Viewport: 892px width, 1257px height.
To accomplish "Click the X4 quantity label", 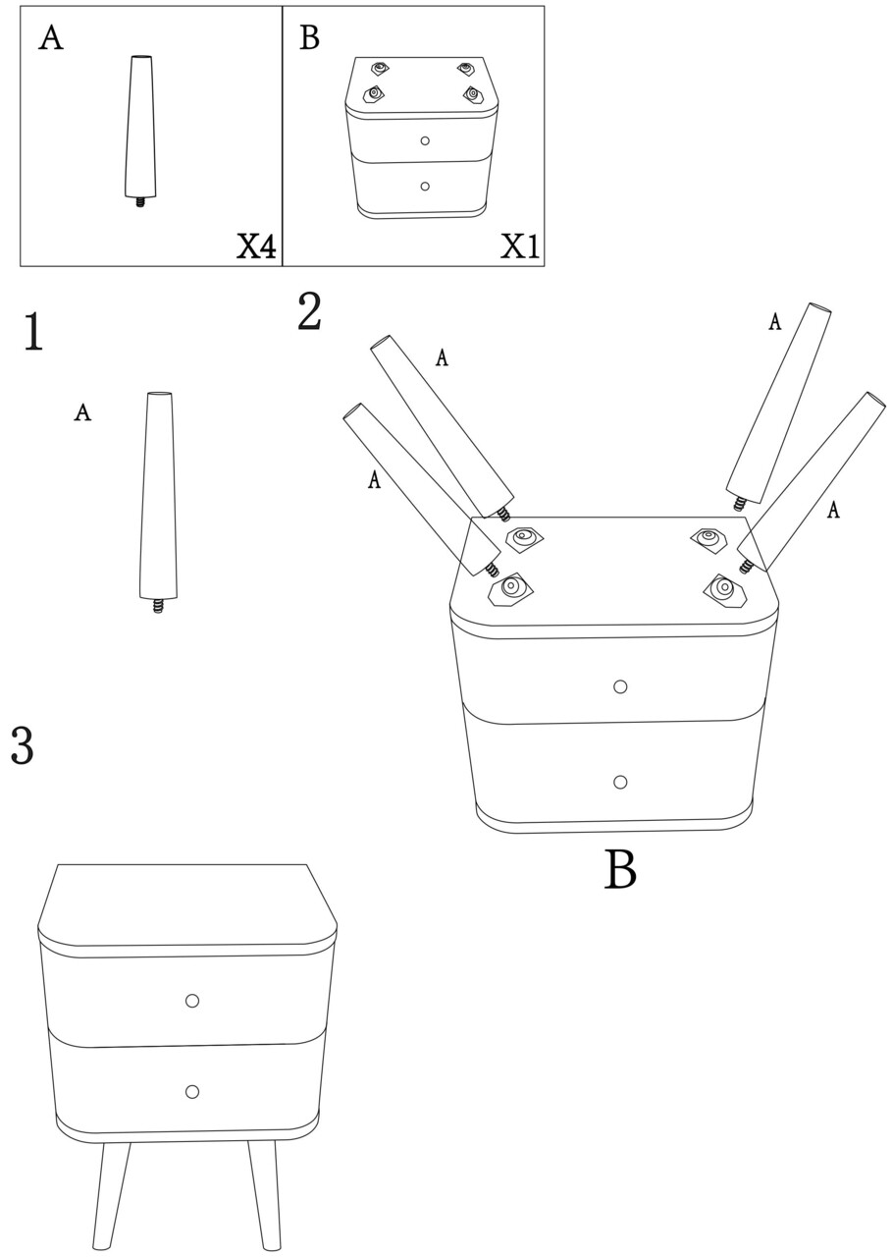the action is click(256, 246).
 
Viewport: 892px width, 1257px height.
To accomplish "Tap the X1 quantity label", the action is click(520, 246).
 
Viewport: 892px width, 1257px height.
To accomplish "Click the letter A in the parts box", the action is click(50, 38).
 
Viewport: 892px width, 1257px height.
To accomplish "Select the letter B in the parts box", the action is click(309, 37).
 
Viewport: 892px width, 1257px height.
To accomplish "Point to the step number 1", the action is click(34, 332).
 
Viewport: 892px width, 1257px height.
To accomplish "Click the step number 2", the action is click(310, 311).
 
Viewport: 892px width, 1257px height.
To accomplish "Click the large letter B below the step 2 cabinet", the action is click(620, 869).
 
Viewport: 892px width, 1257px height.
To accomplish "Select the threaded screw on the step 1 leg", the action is click(159, 606).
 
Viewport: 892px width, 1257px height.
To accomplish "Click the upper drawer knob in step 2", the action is click(620, 686).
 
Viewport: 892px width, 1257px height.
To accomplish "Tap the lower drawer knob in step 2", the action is click(620, 782).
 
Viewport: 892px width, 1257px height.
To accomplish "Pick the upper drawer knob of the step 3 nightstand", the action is click(192, 1000).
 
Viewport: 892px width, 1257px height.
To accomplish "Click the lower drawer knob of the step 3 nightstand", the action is click(192, 1091).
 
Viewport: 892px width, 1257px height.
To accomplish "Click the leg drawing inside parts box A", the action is click(140, 132).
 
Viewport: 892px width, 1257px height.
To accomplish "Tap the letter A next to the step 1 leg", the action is click(82, 411).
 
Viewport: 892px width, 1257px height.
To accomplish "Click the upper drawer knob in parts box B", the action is click(425, 140).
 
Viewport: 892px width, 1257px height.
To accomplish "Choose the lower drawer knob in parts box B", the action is click(425, 186).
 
